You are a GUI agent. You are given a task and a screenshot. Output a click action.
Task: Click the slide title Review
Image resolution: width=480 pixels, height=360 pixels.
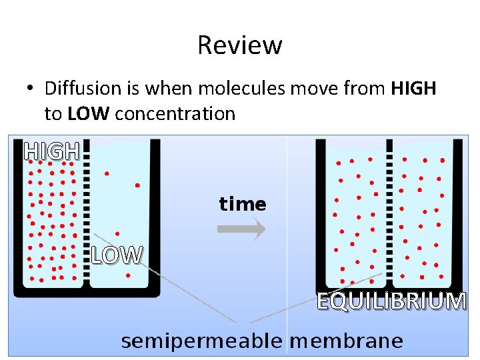point(240,45)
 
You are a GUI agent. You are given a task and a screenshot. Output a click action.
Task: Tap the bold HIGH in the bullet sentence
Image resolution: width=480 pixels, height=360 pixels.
point(413,89)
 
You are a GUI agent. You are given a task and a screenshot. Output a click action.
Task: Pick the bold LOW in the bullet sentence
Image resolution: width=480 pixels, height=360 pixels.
point(87,114)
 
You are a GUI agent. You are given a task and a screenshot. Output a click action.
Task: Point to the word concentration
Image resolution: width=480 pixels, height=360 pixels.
point(175,114)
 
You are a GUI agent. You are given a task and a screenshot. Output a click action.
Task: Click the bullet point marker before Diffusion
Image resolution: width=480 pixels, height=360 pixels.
point(30,89)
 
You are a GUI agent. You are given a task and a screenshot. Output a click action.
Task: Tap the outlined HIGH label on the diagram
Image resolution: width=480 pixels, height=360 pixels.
point(52,152)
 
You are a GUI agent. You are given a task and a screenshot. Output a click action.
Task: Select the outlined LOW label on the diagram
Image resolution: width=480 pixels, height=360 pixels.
point(117,255)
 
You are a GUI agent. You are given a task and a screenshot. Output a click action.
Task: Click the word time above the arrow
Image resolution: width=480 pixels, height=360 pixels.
point(242,204)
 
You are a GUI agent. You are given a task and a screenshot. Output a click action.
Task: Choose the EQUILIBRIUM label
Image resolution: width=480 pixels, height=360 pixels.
point(391,301)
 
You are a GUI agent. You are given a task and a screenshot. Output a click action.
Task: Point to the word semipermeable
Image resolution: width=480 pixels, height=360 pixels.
point(203,341)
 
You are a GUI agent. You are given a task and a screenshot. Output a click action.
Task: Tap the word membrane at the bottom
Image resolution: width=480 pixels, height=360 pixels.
point(347,341)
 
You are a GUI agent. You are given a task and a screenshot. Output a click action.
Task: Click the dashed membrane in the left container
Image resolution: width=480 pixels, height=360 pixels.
point(85,213)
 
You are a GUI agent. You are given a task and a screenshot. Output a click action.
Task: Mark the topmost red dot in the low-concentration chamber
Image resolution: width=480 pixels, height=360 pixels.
point(107,173)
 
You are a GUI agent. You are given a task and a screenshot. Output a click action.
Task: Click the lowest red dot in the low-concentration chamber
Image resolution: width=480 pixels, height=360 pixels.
point(127,275)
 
